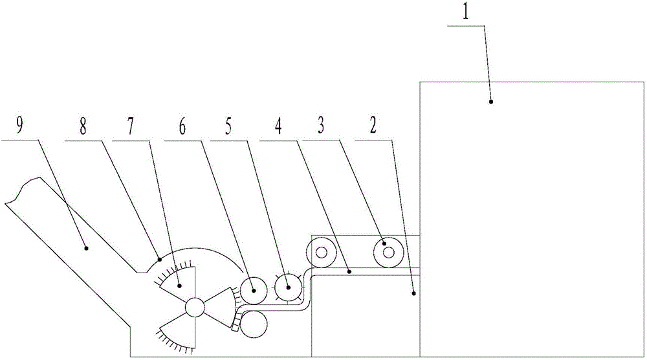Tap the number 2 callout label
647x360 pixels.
click(x=373, y=126)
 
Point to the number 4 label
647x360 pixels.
click(x=278, y=126)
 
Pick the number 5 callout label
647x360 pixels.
click(x=229, y=126)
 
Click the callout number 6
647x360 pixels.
click(x=182, y=126)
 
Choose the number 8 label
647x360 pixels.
click(x=83, y=126)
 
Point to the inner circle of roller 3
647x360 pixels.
click(x=388, y=251)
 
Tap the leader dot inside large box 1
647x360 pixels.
click(x=490, y=102)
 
